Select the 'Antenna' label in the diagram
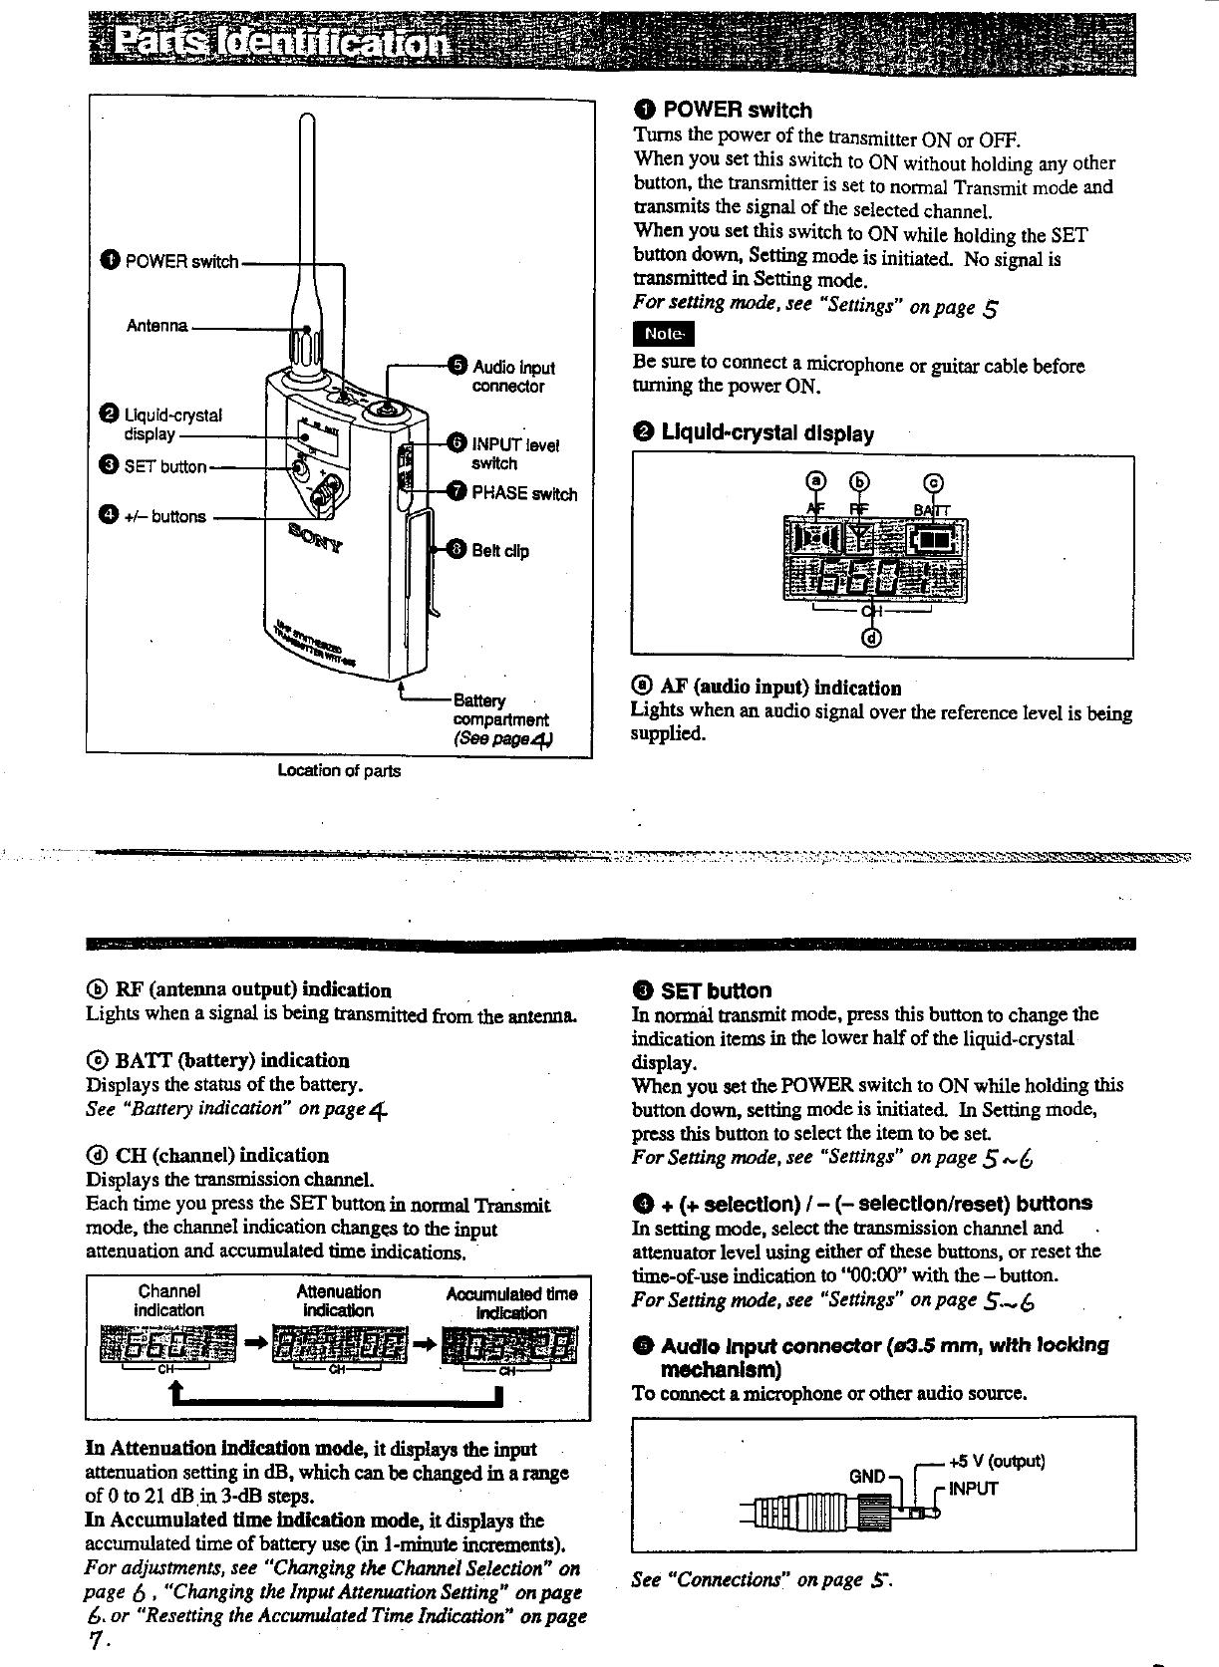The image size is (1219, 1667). tap(156, 326)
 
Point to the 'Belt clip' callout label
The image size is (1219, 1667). tap(499, 551)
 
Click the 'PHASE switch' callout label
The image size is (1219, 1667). tap(523, 493)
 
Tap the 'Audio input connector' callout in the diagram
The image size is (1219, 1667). tap(512, 377)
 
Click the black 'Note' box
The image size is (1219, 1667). tap(663, 333)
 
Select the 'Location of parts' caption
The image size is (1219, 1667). tap(339, 770)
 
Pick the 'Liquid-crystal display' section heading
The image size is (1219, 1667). tap(767, 433)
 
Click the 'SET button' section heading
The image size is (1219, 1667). tap(716, 990)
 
